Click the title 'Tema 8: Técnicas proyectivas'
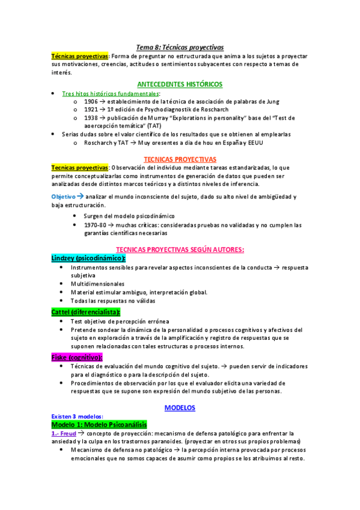(180, 46)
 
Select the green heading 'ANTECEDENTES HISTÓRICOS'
(180, 84)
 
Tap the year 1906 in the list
(91, 102)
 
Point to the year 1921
(91, 110)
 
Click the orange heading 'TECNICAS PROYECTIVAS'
(180, 158)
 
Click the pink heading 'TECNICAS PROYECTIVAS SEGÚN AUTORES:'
(180, 250)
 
